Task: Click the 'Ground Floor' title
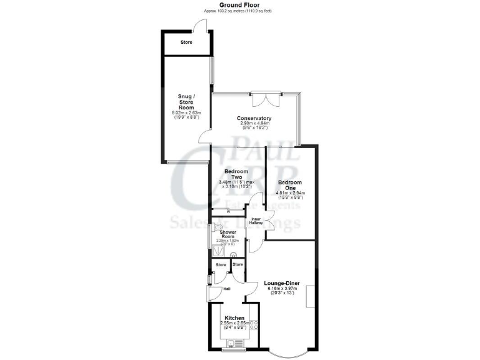click(241, 4)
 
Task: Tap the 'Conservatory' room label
click(254, 119)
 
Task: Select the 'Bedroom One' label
click(290, 184)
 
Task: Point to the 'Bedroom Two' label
click(236, 174)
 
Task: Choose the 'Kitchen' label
click(235, 318)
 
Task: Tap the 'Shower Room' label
click(227, 234)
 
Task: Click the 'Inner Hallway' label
click(257, 220)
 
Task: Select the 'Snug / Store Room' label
click(186, 102)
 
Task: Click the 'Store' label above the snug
click(186, 42)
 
